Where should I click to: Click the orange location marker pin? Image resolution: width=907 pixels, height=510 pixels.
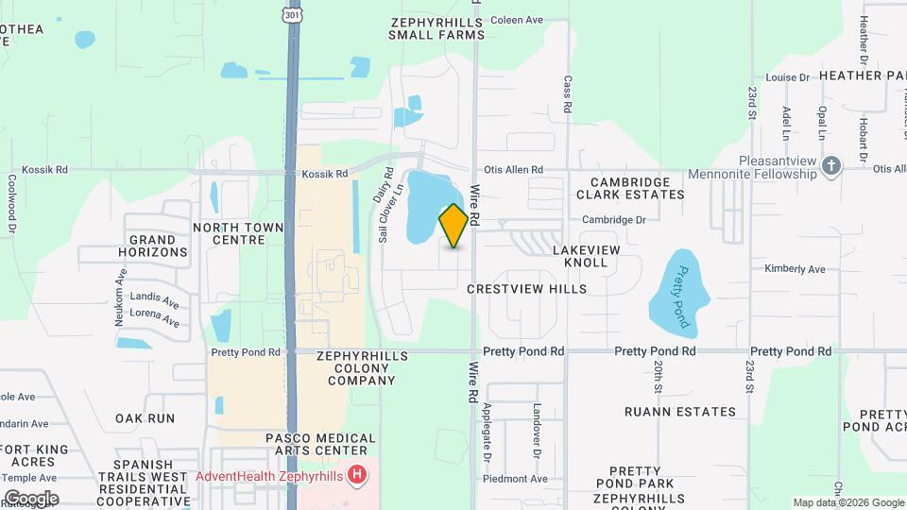click(453, 226)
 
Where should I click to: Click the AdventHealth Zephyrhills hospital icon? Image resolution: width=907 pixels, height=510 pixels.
click(357, 474)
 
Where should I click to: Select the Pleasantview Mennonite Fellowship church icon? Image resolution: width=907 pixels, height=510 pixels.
click(831, 167)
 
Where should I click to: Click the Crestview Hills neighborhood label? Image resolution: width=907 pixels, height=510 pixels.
click(526, 289)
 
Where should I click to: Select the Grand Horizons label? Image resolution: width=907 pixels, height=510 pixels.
click(153, 246)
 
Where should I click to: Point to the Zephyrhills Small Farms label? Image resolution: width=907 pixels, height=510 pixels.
click(436, 27)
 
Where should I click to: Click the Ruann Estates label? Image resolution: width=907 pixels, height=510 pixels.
click(680, 412)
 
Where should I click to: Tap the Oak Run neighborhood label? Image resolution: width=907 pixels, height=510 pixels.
click(145, 417)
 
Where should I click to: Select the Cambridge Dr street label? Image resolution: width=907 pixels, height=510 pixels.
click(613, 220)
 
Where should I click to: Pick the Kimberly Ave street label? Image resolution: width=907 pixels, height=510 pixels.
click(795, 269)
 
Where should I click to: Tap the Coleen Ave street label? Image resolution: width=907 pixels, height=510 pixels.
click(517, 19)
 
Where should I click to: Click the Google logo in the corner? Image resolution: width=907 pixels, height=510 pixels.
click(30, 498)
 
